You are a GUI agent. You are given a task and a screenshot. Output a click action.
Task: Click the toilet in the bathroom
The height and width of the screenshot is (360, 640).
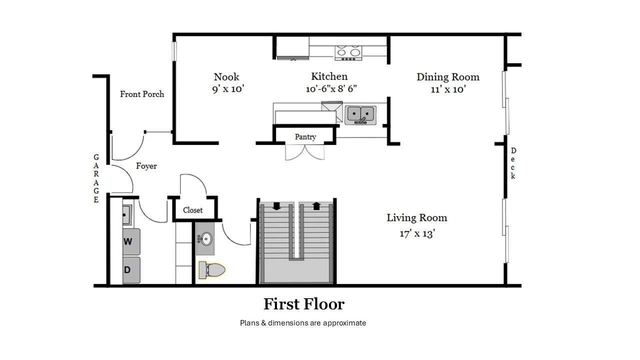coord(212,270)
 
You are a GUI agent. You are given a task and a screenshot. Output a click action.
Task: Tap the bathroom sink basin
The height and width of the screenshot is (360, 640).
coord(205,239)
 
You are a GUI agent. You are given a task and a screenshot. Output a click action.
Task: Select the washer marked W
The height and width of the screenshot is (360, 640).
coord(131,241)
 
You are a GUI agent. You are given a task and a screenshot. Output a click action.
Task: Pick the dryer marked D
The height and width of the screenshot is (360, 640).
coord(131,270)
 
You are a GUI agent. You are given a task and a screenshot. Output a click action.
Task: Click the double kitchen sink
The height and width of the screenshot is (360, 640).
coord(360,114)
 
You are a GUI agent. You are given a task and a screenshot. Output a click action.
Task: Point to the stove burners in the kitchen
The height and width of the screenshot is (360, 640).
coord(348,51)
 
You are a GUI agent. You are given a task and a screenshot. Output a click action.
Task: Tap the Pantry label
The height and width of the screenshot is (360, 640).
coord(305,137)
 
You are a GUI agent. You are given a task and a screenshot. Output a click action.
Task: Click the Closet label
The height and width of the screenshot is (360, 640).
coord(192,210)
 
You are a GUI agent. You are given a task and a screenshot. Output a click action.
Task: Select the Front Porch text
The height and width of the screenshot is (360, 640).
coord(142,94)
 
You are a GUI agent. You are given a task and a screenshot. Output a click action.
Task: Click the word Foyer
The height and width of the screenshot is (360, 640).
coord(146,166)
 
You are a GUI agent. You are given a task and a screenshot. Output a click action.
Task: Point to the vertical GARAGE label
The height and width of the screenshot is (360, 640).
coord(96,178)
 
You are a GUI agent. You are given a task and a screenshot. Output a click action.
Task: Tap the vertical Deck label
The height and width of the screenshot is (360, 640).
coord(513,163)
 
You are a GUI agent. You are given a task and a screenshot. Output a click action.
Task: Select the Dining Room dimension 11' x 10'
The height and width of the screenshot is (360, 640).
coord(447,89)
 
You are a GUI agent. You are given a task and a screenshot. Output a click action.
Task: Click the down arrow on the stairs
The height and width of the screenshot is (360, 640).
coord(276,206)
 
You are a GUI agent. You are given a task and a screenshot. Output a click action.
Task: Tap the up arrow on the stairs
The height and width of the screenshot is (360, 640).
coord(316,206)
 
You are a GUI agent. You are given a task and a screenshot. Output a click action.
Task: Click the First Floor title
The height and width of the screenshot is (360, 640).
coord(304,304)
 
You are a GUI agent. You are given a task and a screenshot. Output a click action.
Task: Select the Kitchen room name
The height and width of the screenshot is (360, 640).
coord(329,76)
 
